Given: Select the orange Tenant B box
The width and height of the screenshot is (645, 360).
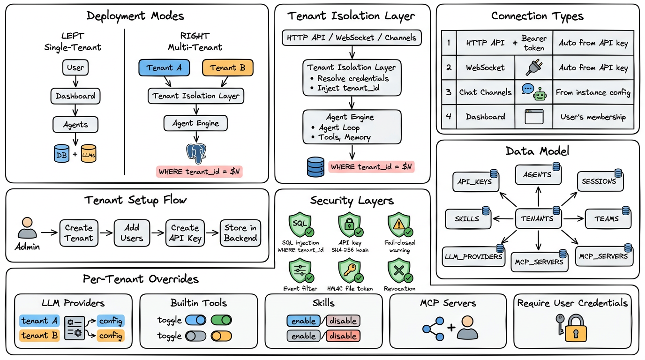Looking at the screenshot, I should pyautogui.click(x=228, y=68).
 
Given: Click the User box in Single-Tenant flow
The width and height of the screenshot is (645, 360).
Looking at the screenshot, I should pyautogui.click(x=75, y=67).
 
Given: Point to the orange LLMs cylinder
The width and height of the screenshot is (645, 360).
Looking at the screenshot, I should pyautogui.click(x=89, y=154).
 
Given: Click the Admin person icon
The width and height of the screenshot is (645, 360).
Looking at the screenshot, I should pyautogui.click(x=27, y=228).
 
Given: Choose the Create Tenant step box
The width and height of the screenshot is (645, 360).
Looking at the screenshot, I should pyautogui.click(x=79, y=232).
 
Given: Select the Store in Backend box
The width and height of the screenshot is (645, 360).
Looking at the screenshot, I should pyautogui.click(x=240, y=232).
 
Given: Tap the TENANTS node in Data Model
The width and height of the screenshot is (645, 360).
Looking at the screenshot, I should pyautogui.click(x=538, y=218).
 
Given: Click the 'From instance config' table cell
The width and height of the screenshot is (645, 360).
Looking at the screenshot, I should pyautogui.click(x=593, y=92).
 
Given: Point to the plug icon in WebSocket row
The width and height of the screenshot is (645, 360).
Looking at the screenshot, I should pyautogui.click(x=534, y=68).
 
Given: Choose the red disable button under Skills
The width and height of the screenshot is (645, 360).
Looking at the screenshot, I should pyautogui.click(x=343, y=336).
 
